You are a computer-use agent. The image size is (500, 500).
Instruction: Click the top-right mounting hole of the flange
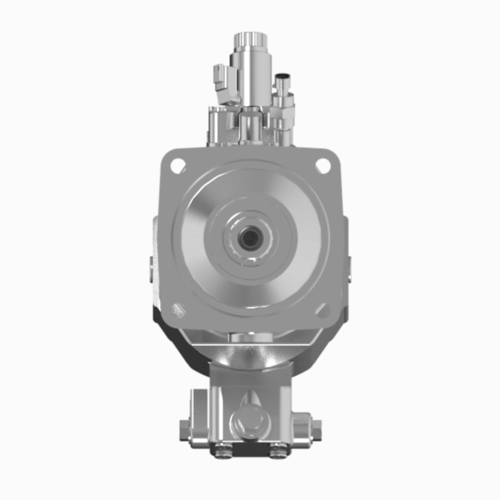(x=323, y=165)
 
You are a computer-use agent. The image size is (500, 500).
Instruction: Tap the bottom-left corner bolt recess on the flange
(x=178, y=310)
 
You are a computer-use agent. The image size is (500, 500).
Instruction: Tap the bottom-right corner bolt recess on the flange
(x=323, y=310)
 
